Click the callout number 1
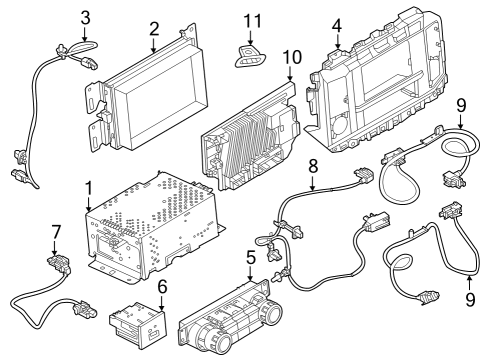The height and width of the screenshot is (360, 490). click(x=89, y=187)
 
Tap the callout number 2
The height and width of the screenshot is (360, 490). click(x=153, y=28)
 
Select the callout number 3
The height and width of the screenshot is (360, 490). click(x=85, y=17)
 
